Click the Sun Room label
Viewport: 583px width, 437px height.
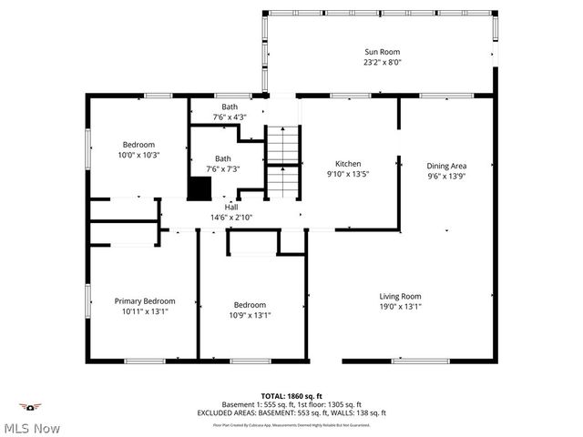(383, 52)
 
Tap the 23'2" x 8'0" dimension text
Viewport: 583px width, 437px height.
(383, 63)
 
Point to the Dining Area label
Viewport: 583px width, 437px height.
(446, 166)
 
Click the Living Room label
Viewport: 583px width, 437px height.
(400, 296)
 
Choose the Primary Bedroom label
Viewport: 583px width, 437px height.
(144, 300)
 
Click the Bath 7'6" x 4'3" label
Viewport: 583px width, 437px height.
(230, 112)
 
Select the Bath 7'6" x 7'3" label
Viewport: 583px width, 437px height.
(223, 163)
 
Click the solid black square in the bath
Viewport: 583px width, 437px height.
(199, 188)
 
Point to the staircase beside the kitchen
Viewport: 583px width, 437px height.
(282, 162)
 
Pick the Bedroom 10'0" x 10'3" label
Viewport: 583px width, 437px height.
(139, 149)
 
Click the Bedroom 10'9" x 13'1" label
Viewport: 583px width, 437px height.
(250, 310)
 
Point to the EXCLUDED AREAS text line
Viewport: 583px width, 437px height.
(291, 412)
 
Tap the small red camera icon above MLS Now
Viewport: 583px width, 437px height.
(31, 407)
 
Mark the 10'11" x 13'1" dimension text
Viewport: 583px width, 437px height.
(144, 310)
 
